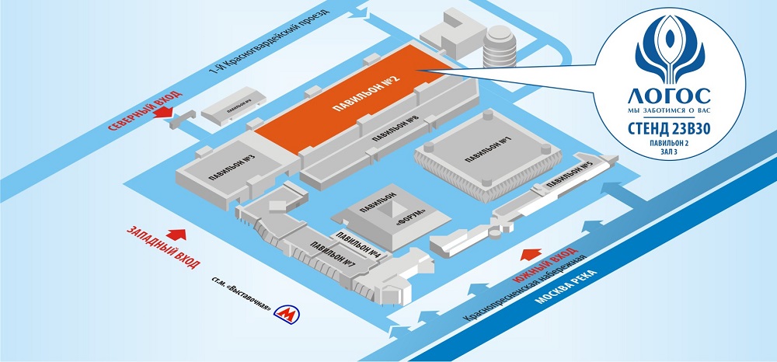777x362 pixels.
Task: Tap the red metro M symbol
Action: point(287,314)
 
